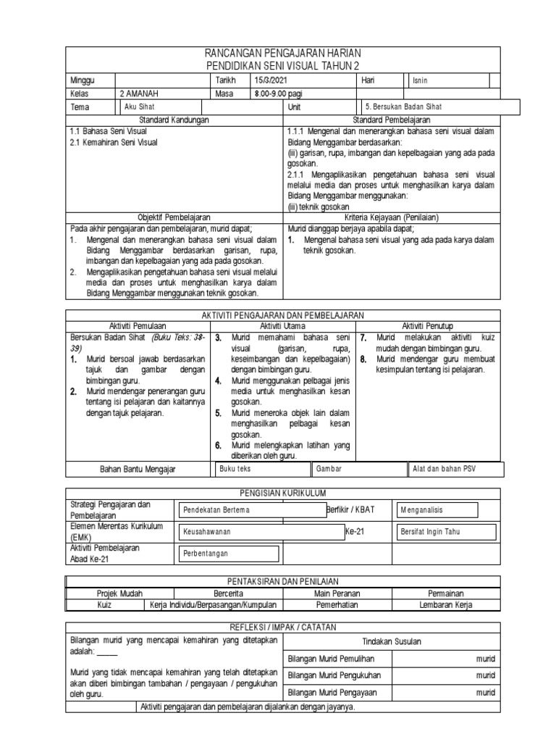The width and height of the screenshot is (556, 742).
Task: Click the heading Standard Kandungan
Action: [x=174, y=119]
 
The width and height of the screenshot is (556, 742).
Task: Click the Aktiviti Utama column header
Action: [x=282, y=326]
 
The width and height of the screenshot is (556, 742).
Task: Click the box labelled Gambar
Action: [x=358, y=469]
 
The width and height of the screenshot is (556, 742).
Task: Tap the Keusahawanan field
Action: [x=261, y=532]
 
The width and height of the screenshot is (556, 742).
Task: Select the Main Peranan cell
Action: [x=337, y=593]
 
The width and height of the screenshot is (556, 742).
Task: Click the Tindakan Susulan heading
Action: [x=391, y=641]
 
